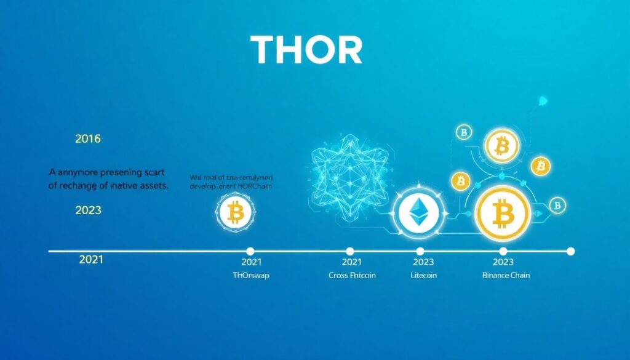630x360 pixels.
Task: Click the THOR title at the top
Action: point(306,50)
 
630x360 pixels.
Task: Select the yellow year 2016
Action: point(88,139)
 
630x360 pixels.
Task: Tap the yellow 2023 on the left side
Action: point(88,210)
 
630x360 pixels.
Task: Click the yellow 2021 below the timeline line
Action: point(91,260)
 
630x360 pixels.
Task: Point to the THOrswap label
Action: point(249,275)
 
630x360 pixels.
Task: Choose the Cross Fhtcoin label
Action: point(352,275)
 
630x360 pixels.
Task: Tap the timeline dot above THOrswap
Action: point(250,251)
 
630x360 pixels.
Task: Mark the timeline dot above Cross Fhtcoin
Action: point(349,251)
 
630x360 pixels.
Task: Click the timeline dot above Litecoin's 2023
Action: point(420,251)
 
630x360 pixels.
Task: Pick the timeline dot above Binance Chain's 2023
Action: point(503,251)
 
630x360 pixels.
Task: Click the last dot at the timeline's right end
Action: point(570,251)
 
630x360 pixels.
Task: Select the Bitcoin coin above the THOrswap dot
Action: point(236,212)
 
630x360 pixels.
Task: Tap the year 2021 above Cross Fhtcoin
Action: point(351,262)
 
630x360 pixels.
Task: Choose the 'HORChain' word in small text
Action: point(253,185)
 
